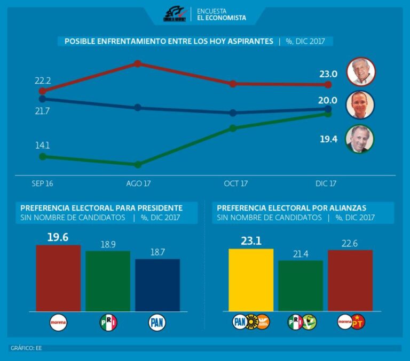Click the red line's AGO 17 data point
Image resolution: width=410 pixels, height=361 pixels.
137,63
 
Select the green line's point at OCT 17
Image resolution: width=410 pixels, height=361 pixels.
233,128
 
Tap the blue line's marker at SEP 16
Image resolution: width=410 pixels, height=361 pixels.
42,99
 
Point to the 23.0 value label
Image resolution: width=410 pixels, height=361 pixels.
328,74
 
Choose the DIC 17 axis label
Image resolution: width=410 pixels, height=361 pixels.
326,183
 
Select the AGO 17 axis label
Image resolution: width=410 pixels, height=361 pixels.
138,183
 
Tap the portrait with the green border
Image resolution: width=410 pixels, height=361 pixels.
359,139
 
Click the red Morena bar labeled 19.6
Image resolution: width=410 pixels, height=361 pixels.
58,278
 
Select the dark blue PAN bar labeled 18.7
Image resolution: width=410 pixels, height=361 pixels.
157,285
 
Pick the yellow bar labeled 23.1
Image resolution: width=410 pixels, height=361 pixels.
251,279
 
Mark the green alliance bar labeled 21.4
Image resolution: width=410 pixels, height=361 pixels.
301,285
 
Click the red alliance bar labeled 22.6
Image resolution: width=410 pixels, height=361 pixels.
350,280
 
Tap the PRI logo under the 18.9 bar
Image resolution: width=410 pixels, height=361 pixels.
108,323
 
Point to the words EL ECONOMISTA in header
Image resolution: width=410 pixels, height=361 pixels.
222,18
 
